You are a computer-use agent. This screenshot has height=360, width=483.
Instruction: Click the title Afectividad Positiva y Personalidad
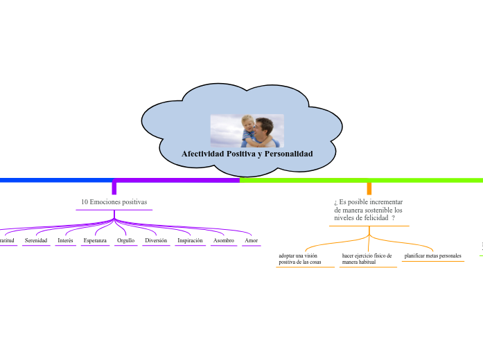point(247,154)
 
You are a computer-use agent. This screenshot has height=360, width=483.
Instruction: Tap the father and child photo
point(247,131)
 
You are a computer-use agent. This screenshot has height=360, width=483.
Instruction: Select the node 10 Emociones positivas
point(114,202)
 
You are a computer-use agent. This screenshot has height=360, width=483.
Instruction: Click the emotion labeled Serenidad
point(36,240)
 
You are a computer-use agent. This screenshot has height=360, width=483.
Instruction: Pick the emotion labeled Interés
point(65,240)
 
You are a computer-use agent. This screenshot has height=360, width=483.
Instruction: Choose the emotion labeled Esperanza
point(95,240)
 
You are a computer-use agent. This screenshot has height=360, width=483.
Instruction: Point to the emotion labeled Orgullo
point(125,240)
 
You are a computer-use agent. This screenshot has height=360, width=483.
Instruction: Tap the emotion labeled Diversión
point(156,240)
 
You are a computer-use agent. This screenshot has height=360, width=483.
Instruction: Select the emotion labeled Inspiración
point(190,240)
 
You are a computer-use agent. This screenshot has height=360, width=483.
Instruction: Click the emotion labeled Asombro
point(223,240)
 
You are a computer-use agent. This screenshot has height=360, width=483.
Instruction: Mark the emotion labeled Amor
point(251,240)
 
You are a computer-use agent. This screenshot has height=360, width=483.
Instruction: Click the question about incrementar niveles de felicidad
point(369,209)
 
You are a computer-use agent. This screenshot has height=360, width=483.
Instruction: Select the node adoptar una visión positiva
point(300,259)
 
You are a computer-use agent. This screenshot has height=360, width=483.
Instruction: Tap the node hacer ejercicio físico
point(367,259)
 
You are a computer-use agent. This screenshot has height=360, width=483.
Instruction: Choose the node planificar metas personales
point(432,256)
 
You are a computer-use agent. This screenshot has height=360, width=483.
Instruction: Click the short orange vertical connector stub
point(369,188)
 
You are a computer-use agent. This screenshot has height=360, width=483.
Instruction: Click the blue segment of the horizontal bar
point(55,180)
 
